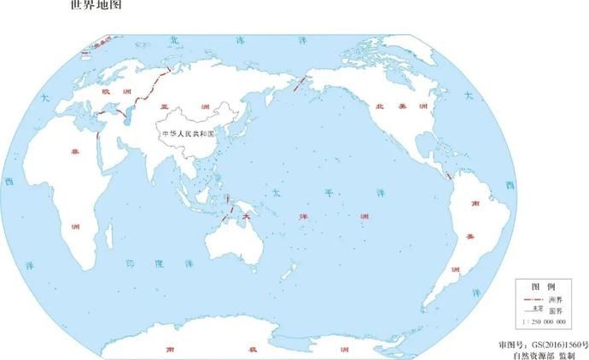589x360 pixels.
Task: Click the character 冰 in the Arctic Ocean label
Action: pos(239,39)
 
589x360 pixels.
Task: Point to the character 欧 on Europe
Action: pos(106,90)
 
